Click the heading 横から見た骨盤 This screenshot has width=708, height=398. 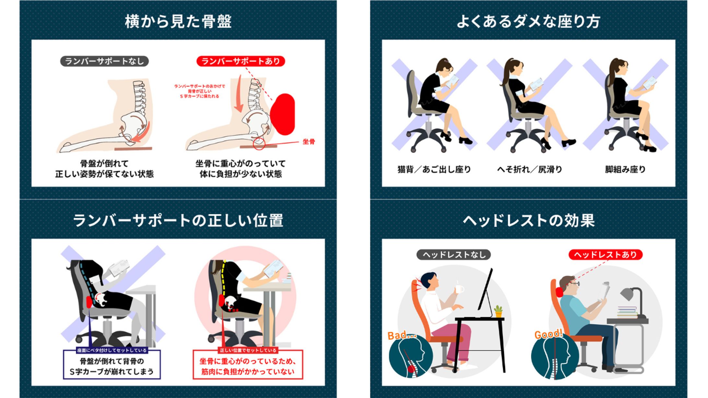(x=178, y=21)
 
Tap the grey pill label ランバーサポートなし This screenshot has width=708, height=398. (x=104, y=61)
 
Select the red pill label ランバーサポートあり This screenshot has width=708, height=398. (x=241, y=61)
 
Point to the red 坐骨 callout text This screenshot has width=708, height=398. (x=308, y=142)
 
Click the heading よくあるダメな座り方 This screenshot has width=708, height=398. (x=528, y=21)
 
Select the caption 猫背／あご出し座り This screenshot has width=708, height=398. (x=434, y=169)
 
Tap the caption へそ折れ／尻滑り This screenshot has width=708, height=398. (x=529, y=169)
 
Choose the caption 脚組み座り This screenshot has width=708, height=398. (x=625, y=169)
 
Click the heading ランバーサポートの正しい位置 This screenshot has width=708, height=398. (x=178, y=220)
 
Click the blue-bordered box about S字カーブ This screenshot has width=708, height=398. (x=112, y=366)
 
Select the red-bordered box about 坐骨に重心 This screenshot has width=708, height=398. (x=248, y=366)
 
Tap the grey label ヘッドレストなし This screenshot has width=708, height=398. (x=454, y=255)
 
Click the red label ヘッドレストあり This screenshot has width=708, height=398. (x=605, y=255)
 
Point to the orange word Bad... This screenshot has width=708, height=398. (x=401, y=335)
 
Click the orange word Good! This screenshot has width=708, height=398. (x=548, y=334)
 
